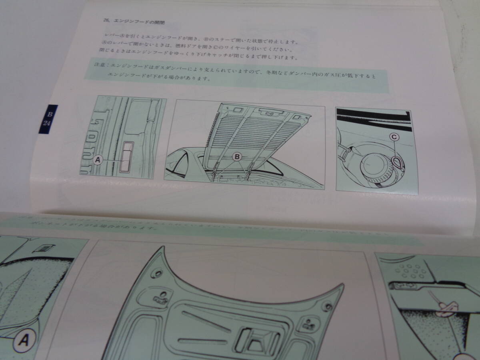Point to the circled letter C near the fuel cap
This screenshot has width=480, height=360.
pos(394,137)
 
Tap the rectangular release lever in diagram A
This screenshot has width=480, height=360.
pos(127,157)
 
